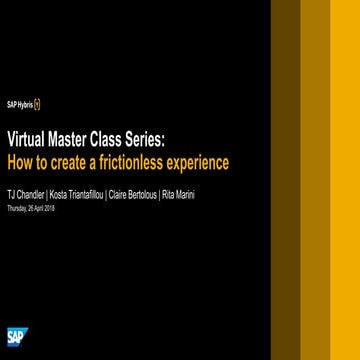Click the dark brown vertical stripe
pos(285,180)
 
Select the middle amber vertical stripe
pos(315,180)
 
